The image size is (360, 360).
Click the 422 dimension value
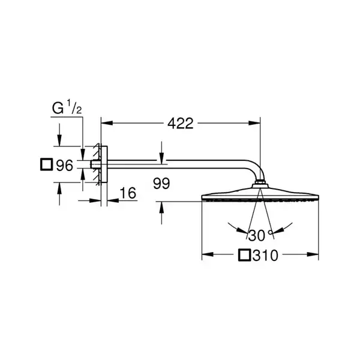181,123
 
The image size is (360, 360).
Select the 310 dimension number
265,255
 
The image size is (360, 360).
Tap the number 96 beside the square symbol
65,165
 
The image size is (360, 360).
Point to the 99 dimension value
161,184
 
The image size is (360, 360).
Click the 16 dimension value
128,193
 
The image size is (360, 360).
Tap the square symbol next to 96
47,164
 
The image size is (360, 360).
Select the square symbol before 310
244,254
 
